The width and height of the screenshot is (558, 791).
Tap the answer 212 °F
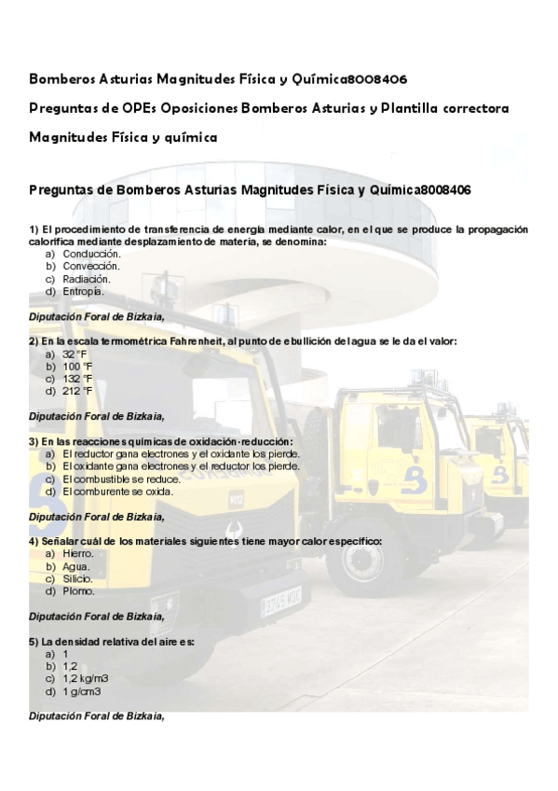77,391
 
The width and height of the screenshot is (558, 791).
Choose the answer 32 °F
75,354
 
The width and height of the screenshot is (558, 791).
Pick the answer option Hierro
78,553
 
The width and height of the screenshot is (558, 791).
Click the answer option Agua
76,566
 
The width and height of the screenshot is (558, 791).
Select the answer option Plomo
78,590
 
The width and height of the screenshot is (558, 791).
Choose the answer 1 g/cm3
81,691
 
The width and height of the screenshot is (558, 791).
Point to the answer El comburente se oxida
117,491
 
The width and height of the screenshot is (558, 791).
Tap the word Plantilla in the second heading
412,108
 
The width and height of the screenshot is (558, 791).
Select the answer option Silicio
78,578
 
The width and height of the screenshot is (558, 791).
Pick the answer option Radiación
87,278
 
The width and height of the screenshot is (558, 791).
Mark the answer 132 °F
77,379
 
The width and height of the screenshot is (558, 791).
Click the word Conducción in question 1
91,254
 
